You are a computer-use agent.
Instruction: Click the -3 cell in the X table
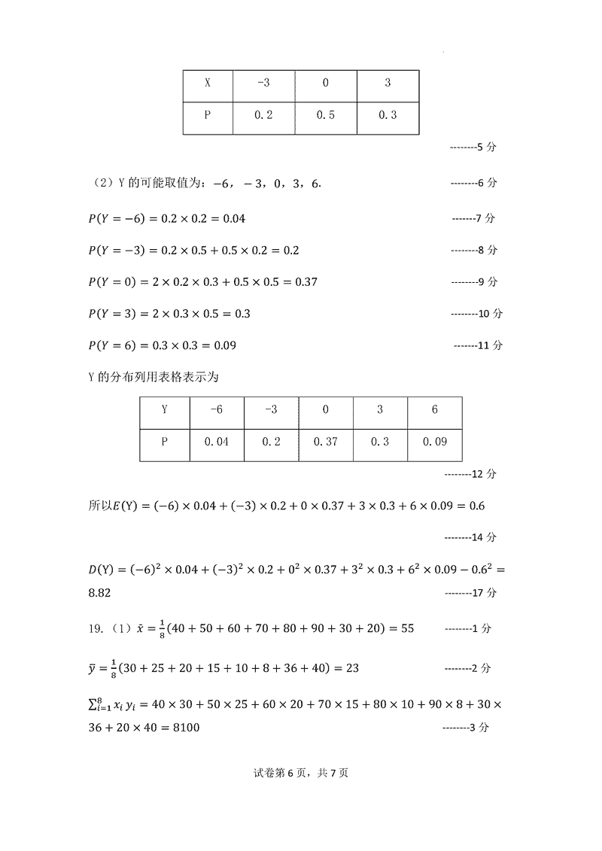coord(263,83)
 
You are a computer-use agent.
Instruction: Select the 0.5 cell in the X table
coord(325,115)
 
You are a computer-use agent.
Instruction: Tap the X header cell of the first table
coord(208,83)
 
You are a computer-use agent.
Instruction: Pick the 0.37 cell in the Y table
coord(325,442)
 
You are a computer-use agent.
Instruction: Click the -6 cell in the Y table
coord(216,409)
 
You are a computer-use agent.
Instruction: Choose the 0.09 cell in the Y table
coord(434,442)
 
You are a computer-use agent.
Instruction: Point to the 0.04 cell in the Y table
coord(216,442)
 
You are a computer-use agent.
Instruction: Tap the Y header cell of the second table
coord(165,409)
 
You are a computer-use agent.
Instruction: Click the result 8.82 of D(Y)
coord(100,593)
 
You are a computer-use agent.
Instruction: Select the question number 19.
coord(96,628)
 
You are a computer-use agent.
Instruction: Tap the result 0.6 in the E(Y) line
coord(476,506)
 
